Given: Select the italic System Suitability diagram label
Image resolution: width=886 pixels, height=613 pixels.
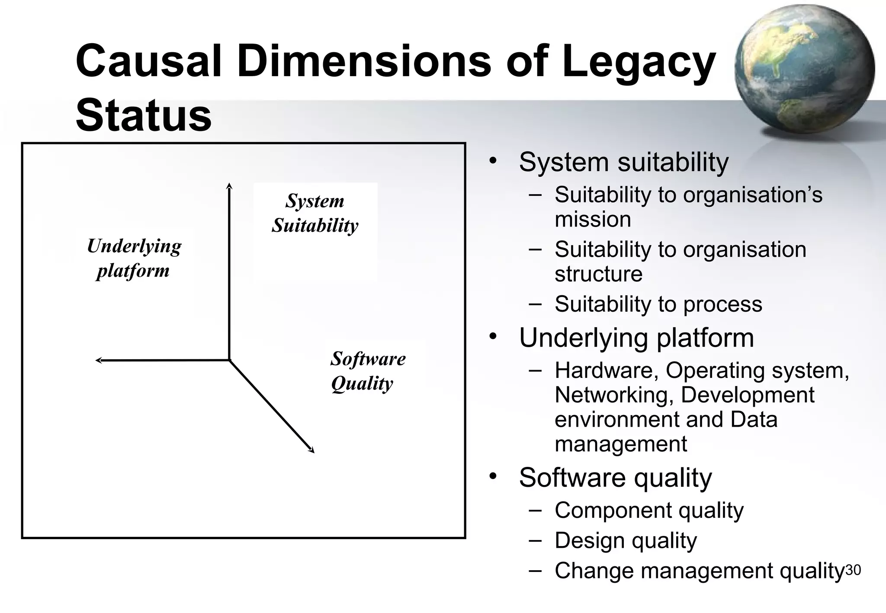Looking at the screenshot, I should click(315, 213).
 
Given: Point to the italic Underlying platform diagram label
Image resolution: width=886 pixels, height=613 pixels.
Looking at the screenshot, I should click(134, 258).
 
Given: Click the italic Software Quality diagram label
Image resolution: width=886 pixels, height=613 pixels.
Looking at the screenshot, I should click(368, 370).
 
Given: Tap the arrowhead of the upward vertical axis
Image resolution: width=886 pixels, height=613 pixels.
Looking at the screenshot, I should click(229, 186).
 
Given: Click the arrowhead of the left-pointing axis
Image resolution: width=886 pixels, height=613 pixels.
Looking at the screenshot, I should click(99, 360).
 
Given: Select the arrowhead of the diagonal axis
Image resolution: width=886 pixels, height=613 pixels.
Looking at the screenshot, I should click(312, 451).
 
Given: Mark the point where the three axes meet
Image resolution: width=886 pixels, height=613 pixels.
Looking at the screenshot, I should click(229, 360).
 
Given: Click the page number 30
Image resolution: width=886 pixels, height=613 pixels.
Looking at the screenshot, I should click(853, 570).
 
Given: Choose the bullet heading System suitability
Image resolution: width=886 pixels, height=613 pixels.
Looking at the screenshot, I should click(623, 162).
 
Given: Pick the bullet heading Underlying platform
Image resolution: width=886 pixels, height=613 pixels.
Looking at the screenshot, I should click(636, 338).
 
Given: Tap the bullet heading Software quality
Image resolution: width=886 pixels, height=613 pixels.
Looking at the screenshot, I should click(615, 477).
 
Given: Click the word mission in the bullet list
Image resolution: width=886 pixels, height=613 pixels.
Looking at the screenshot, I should click(593, 219).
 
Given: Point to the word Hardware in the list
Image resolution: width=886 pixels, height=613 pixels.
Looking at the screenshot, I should click(603, 370).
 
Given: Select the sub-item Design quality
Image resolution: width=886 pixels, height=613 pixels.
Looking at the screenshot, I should click(626, 540).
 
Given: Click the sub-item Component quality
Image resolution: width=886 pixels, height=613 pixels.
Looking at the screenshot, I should click(649, 510).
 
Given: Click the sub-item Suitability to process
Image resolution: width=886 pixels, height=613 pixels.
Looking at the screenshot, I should click(658, 304).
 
